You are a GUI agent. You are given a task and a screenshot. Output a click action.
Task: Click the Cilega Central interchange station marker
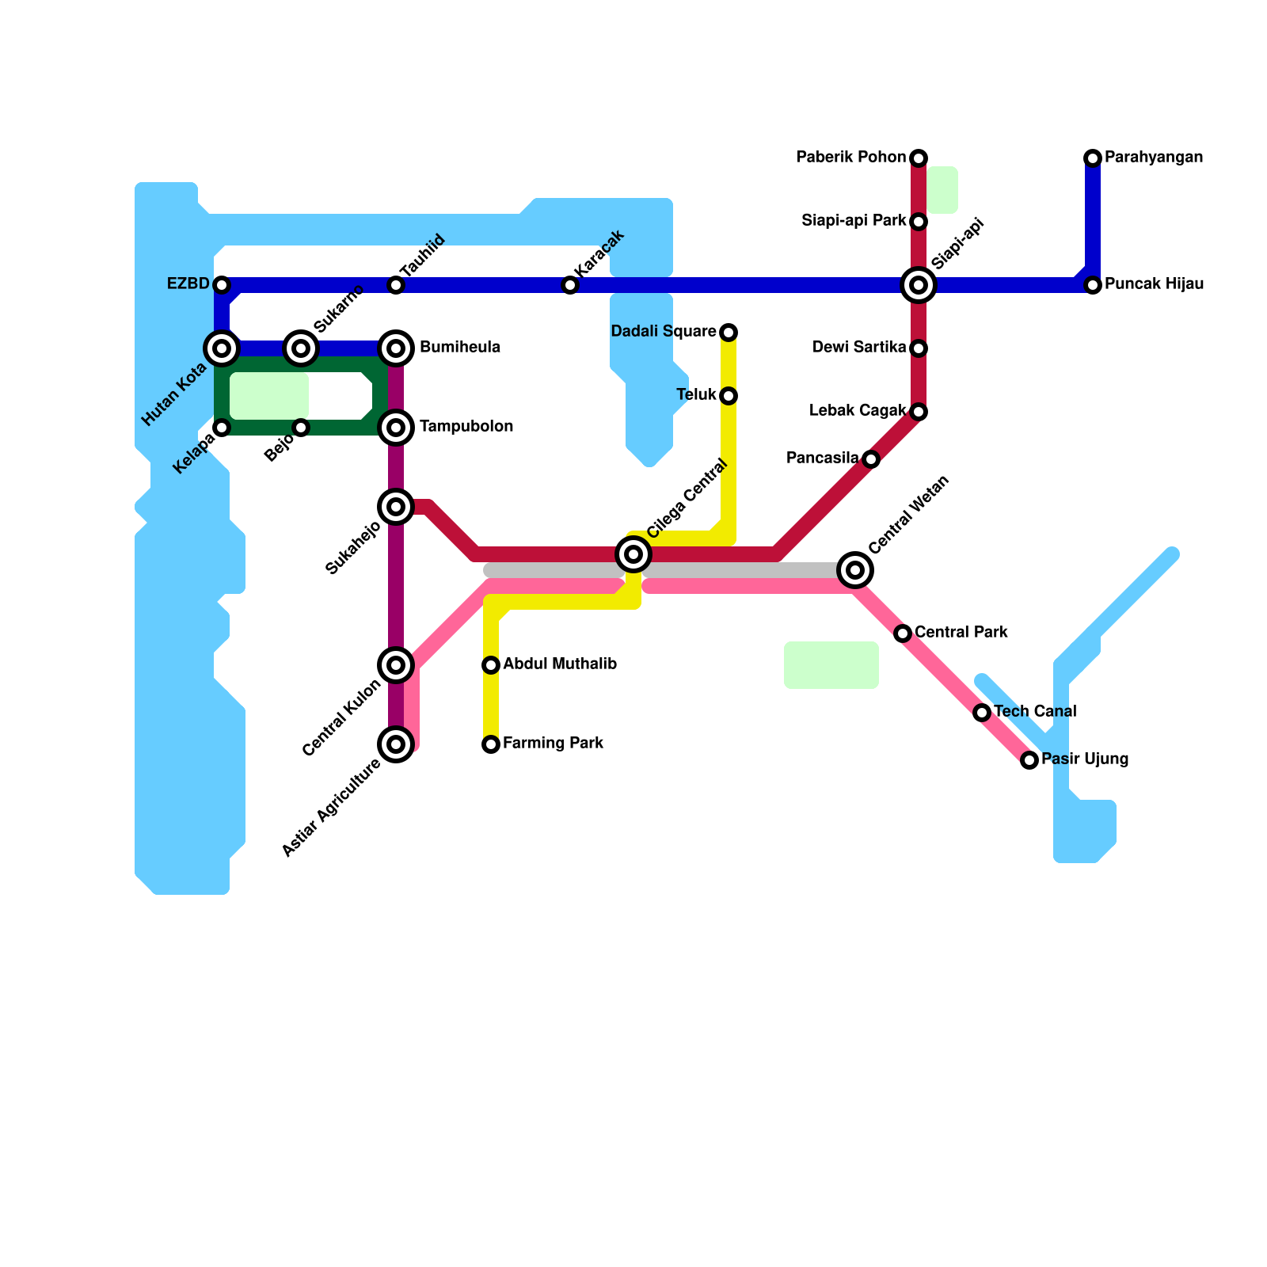[633, 554]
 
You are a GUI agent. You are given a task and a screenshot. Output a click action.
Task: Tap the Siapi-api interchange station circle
[919, 285]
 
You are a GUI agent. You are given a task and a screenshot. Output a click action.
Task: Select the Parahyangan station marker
[1093, 158]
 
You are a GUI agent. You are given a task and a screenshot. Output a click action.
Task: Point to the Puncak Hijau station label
[1154, 284]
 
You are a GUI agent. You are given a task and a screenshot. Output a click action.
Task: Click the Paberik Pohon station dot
[919, 158]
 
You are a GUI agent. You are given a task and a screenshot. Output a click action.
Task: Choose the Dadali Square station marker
[729, 333]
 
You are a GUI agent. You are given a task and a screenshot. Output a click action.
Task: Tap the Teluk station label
[696, 395]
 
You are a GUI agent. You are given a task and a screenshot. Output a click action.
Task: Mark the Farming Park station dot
[491, 744]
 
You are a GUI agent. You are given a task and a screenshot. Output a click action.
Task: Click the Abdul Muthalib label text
[559, 664]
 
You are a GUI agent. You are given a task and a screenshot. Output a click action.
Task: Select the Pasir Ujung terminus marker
[1029, 760]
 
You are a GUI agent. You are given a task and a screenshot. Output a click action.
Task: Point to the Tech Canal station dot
[982, 713]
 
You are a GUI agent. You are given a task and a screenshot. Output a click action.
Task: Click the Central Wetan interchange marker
[855, 570]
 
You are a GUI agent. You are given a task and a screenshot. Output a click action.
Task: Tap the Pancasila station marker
[871, 459]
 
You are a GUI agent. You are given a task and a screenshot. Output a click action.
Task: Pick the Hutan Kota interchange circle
[222, 348]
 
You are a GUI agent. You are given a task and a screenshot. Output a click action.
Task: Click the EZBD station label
[188, 284]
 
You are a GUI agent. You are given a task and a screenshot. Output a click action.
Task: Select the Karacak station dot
[570, 285]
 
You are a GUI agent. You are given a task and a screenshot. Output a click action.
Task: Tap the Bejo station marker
[301, 428]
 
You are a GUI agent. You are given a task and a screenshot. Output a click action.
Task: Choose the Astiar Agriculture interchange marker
[396, 744]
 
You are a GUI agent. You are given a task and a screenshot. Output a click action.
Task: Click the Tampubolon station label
[466, 427]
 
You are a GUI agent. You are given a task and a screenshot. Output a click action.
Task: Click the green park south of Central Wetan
[831, 665]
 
